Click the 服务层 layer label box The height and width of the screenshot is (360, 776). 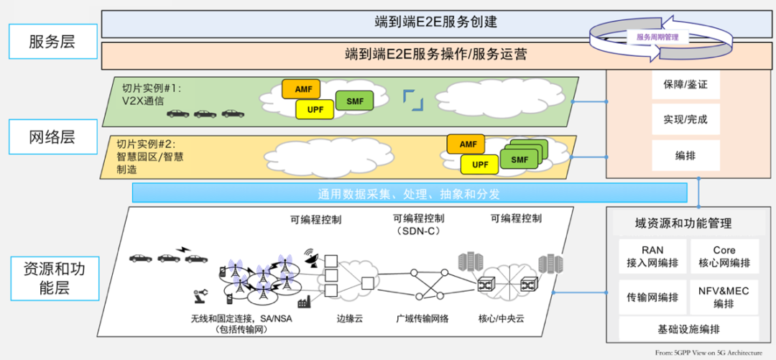click(x=52, y=41)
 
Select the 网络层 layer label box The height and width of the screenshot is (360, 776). click(x=52, y=136)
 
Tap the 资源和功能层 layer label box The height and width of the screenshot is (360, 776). click(x=52, y=280)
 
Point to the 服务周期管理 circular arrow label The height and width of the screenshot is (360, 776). click(x=657, y=37)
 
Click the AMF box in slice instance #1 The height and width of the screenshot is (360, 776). click(x=302, y=89)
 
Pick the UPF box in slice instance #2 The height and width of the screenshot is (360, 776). click(x=481, y=165)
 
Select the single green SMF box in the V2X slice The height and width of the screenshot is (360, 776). click(x=354, y=101)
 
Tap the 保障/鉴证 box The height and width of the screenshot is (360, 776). click(x=680, y=85)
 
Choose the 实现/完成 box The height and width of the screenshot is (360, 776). click(x=680, y=119)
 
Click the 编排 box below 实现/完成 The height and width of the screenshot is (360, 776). click(x=680, y=154)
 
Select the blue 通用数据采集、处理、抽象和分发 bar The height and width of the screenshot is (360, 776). click(x=409, y=193)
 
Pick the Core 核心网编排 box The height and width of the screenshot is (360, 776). click(x=724, y=257)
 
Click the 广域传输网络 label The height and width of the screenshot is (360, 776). click(x=422, y=317)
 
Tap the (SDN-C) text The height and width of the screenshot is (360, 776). click(x=418, y=231)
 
